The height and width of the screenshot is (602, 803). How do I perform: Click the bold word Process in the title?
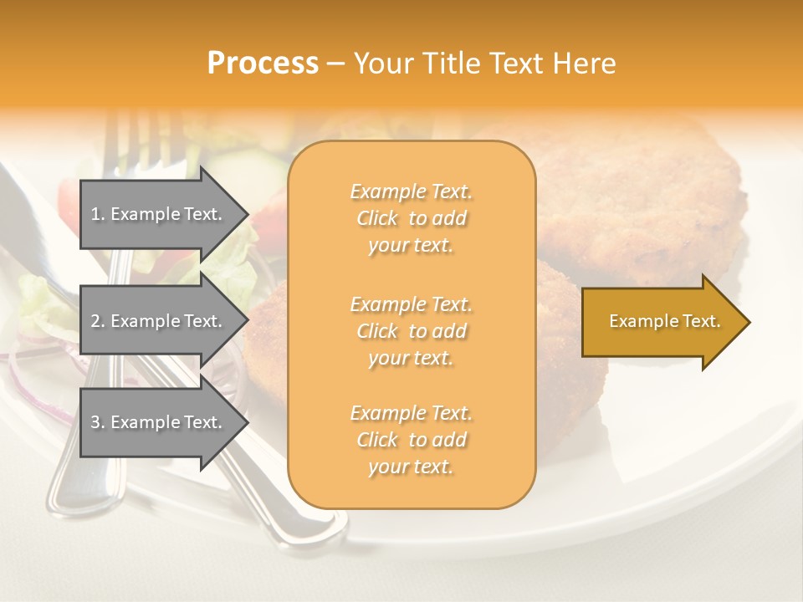(x=263, y=64)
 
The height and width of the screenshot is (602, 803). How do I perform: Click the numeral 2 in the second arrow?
(x=95, y=321)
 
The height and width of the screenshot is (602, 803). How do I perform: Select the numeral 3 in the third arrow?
(x=95, y=422)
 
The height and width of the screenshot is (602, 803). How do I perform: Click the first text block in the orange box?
(x=411, y=218)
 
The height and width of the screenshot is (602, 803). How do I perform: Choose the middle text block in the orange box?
(x=411, y=331)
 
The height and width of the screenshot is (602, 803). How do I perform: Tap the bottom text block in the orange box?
(x=411, y=440)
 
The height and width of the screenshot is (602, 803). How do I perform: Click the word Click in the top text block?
(x=377, y=218)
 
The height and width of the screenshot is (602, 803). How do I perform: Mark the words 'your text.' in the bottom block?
(x=411, y=467)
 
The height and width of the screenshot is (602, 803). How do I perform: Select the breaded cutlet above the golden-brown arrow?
(x=652, y=201)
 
